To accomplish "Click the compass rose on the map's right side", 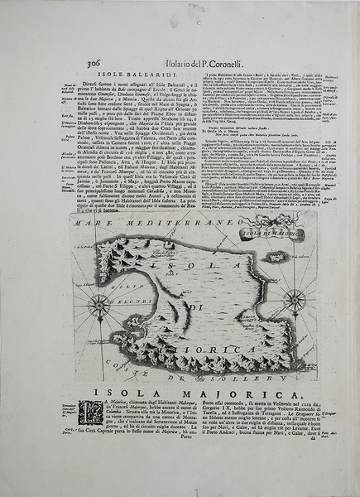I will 295,298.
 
